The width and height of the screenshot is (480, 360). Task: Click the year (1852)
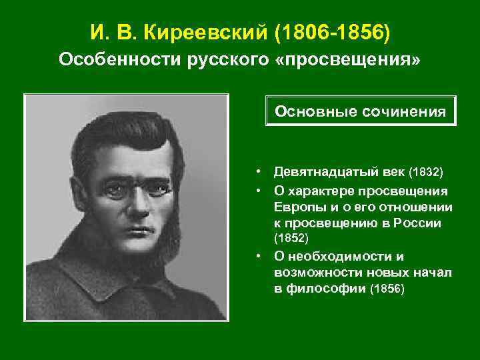[291, 238]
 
